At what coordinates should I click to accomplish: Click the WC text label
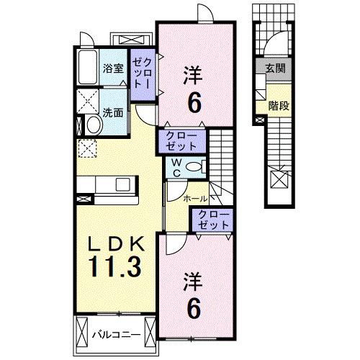click(175, 166)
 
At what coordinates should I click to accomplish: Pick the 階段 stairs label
click(278, 105)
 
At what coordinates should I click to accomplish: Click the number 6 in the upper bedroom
click(195, 103)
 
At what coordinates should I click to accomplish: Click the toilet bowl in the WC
click(191, 166)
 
